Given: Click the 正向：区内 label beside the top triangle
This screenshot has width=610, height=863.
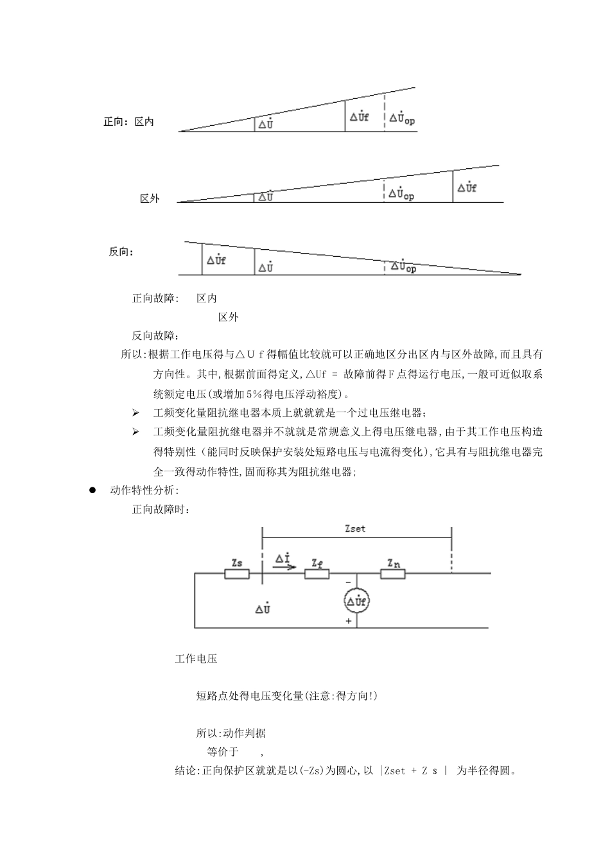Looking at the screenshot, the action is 128,121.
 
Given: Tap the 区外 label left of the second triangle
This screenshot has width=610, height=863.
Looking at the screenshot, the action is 150,198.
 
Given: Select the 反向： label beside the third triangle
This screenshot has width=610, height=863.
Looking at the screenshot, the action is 121,252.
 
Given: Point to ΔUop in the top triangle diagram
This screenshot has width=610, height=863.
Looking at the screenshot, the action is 402,119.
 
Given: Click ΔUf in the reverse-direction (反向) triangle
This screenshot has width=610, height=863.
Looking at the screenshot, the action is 216,260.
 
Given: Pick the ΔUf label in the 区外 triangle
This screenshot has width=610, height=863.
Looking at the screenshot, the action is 467,187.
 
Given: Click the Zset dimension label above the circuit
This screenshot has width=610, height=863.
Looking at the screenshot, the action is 355,529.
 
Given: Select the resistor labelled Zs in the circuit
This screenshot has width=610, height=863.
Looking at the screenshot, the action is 236,573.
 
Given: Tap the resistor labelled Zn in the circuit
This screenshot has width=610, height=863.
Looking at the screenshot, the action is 393,573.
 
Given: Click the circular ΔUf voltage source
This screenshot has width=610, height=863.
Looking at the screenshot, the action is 356,601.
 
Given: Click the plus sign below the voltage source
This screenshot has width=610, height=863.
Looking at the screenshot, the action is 349,621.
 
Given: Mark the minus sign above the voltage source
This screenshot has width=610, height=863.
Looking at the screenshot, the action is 349,582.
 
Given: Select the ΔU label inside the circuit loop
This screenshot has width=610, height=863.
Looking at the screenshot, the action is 262,607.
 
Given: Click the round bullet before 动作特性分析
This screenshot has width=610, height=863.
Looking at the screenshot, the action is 92,490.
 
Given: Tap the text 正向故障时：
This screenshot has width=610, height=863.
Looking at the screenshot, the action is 161,510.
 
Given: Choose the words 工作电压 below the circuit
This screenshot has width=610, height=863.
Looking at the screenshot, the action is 196,659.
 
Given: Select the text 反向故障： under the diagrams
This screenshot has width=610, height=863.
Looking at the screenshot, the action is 156,335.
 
